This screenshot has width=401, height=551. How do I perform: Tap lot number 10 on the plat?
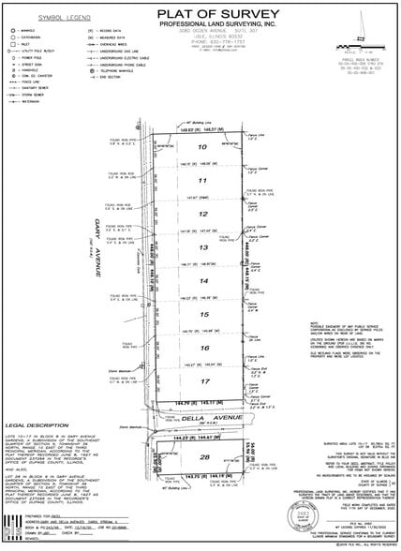(200, 148)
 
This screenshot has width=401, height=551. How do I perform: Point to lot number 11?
(200, 181)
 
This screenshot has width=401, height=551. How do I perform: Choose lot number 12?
(200, 215)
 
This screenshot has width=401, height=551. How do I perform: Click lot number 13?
(200, 248)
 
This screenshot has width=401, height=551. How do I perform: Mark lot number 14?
(200, 281)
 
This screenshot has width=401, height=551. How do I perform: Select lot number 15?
(200, 315)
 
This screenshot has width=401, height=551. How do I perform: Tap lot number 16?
(200, 349)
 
